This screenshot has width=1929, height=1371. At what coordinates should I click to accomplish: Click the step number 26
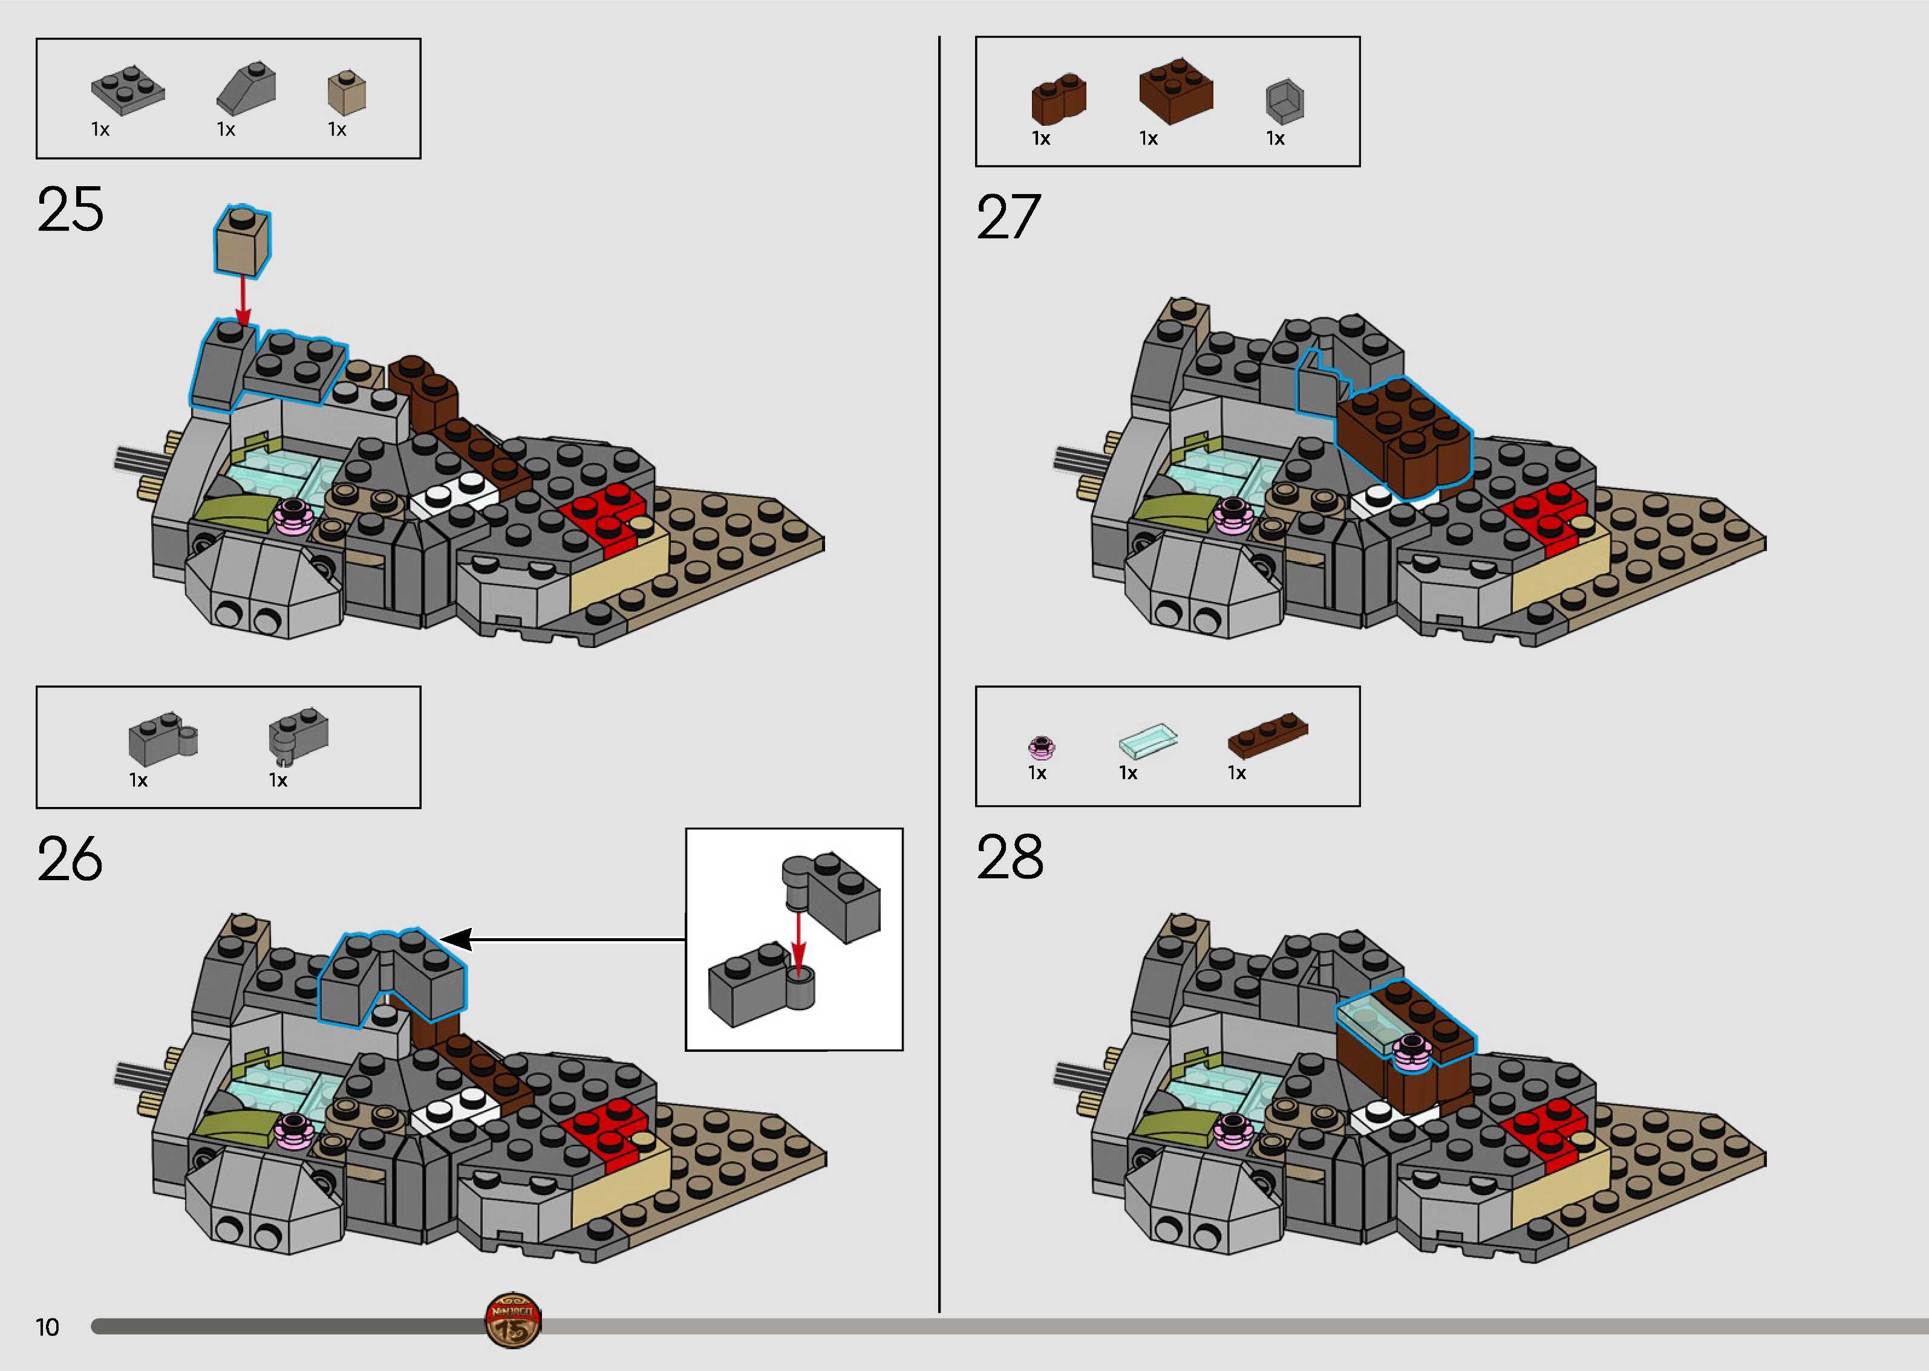click(x=70, y=860)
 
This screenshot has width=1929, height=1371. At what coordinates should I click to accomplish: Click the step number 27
click(x=1008, y=217)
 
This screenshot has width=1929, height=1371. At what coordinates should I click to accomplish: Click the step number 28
click(x=1010, y=858)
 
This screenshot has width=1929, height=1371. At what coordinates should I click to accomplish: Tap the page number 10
click(x=47, y=1327)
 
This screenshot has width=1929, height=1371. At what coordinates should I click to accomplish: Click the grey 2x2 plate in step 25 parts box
click(x=128, y=89)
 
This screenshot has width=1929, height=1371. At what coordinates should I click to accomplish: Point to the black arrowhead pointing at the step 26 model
click(x=456, y=939)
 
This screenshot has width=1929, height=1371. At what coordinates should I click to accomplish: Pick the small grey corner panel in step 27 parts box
click(x=1285, y=102)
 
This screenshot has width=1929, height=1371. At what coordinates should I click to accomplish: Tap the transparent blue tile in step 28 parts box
click(x=1147, y=739)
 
